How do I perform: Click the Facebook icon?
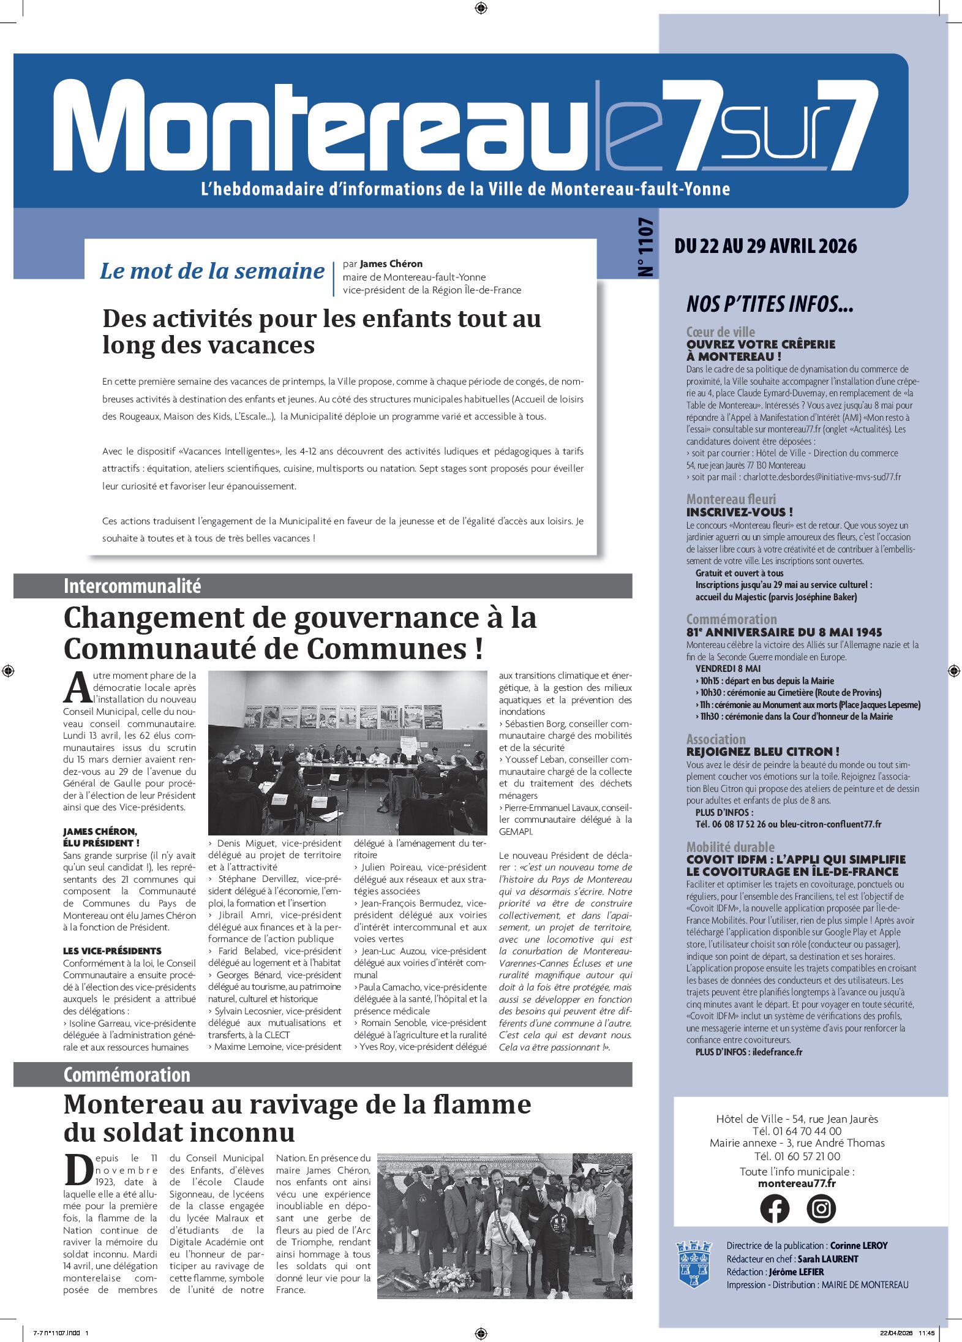(775, 1208)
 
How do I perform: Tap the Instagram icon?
(821, 1208)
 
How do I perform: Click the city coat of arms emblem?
(694, 1264)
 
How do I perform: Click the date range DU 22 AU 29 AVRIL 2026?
(765, 246)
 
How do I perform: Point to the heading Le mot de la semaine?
(212, 271)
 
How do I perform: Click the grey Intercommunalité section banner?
(323, 586)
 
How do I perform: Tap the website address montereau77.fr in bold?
(797, 1183)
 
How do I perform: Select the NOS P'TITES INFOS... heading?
(770, 304)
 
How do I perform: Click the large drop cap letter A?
(78, 688)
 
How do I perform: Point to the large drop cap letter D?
(78, 1170)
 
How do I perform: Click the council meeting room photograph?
(348, 753)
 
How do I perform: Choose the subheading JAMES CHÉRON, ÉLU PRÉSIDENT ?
(101, 837)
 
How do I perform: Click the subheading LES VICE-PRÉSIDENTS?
(112, 951)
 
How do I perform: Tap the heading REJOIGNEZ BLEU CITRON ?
(762, 752)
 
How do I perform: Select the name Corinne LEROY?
(859, 1245)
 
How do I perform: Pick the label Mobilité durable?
(730, 847)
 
